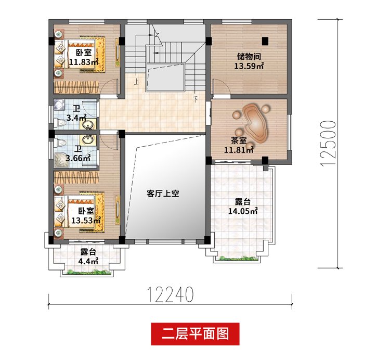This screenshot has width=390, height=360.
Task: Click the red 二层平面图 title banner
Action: (195, 334)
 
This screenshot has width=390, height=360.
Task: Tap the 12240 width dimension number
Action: (171, 294)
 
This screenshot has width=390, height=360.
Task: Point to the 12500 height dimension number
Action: (329, 144)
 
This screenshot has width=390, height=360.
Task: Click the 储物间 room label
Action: (249, 57)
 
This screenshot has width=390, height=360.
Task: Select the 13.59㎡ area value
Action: (249, 66)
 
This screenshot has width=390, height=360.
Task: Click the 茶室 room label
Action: (239, 140)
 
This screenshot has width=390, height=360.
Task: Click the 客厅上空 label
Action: (163, 194)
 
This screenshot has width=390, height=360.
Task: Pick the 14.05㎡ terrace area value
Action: (243, 211)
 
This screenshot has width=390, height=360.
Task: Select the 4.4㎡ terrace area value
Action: (88, 261)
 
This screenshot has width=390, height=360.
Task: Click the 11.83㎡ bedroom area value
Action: (84, 62)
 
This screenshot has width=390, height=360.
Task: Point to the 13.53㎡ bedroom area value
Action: (86, 221)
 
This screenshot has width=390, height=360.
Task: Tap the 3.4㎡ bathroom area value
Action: (76, 118)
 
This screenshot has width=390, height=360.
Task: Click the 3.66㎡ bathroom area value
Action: (78, 158)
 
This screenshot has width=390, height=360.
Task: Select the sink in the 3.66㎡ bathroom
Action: (87, 139)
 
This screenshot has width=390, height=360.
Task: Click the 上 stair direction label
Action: (136, 81)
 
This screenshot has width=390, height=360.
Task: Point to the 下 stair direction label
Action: (196, 99)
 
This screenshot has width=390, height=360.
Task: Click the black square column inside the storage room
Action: (265, 41)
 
